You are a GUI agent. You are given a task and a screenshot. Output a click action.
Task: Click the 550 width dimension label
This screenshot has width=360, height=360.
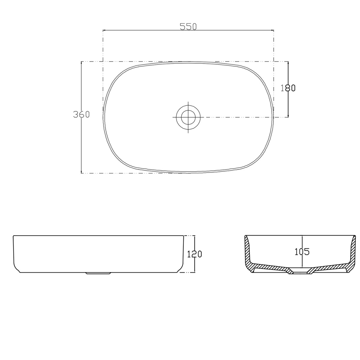click(188, 27)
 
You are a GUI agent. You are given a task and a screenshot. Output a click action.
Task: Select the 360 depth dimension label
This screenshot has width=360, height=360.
click(81, 114)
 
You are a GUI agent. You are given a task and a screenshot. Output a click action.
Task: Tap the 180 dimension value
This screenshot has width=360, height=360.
click(288, 88)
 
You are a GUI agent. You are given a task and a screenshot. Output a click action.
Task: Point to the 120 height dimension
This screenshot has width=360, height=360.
click(195, 254)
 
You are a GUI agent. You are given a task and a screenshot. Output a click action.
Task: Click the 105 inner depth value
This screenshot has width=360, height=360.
click(302, 251)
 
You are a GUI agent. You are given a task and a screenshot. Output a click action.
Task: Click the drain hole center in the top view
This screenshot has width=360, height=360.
click(188, 117)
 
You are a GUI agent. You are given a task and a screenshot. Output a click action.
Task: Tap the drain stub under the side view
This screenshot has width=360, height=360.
click(99, 273)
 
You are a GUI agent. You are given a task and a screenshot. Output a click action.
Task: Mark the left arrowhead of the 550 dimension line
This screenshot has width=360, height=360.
click(103, 30)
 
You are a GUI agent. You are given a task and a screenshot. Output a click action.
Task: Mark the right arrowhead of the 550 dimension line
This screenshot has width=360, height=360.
click(273, 30)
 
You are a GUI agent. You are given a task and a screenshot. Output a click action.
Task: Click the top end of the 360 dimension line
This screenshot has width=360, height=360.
click(81, 62)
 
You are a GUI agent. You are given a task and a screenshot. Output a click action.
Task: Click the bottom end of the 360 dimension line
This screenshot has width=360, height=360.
click(81, 173)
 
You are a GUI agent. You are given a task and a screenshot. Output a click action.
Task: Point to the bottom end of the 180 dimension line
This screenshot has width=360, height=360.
click(288, 117)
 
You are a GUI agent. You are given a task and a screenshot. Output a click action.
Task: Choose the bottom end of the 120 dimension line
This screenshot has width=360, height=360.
click(195, 272)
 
